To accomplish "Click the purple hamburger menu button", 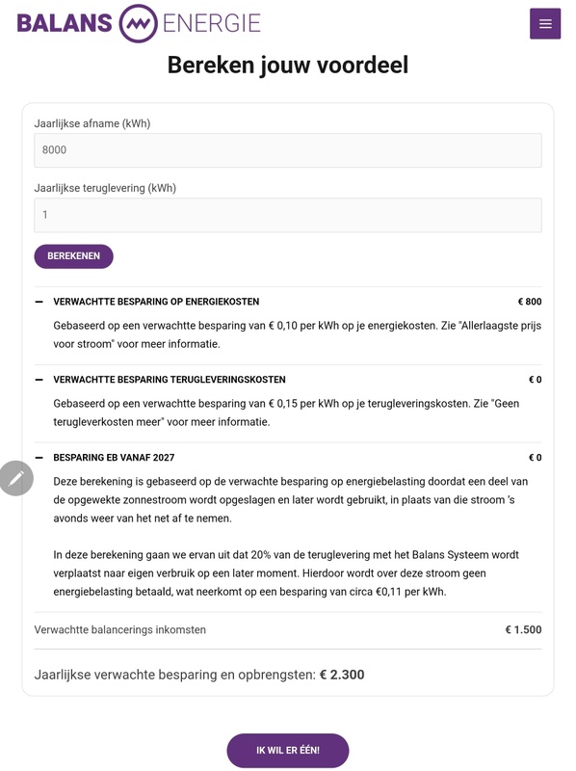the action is (545, 24).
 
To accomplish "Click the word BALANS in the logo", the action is (64, 23).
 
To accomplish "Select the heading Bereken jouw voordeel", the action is (288, 65).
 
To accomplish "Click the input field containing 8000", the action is (287, 150).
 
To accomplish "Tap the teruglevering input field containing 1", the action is (287, 215).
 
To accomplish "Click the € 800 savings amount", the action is (529, 302).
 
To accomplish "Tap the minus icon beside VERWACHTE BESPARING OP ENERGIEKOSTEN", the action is (39, 302).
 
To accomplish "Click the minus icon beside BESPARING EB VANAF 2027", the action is (39, 458).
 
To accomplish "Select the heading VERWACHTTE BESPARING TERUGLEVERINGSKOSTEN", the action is (170, 380).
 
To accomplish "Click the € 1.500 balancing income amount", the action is (523, 630).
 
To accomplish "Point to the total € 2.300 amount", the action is (342, 675).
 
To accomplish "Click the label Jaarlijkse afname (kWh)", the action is (92, 123).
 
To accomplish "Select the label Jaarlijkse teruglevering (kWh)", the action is (105, 188).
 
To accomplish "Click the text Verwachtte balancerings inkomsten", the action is (120, 630).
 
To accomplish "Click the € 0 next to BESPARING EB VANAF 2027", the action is (535, 458).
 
